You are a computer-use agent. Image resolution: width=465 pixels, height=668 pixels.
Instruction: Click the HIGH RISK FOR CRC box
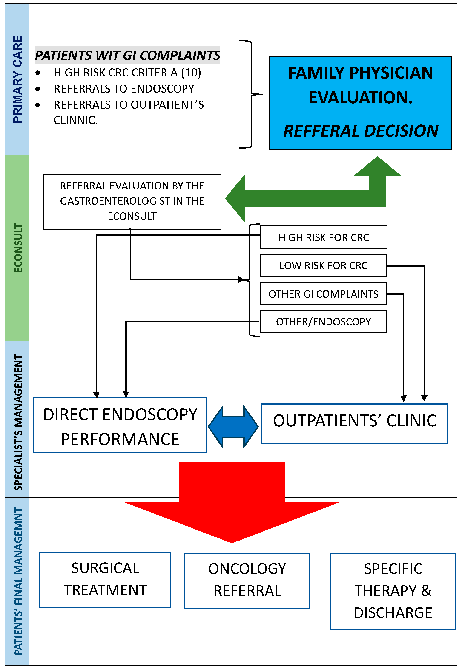[323, 238]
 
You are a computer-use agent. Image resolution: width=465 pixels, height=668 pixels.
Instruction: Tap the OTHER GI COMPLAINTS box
[323, 294]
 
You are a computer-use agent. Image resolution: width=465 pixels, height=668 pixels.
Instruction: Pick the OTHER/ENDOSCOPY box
[323, 322]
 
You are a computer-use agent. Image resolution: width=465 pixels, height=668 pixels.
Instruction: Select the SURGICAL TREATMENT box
[105, 580]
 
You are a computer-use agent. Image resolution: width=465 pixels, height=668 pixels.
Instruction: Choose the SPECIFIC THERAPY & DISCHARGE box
[393, 591]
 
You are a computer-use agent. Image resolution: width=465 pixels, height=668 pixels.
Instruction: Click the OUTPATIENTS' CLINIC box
[354, 424]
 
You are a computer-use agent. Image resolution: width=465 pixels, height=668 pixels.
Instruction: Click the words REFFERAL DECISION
[361, 131]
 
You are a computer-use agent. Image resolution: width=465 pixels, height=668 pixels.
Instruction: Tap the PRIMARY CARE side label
[17, 79]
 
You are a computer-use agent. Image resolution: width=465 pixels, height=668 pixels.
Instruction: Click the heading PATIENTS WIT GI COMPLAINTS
[128, 55]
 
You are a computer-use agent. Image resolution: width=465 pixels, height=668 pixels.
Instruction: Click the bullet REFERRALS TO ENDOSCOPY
[124, 89]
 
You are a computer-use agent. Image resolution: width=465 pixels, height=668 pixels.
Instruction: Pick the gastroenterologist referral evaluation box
[132, 202]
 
